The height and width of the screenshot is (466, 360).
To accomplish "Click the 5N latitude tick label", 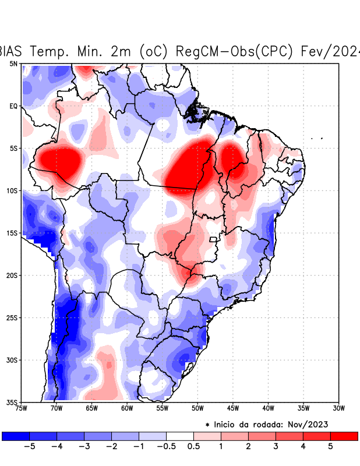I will tap(13, 63).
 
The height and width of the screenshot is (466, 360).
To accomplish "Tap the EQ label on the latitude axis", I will tap(13, 106).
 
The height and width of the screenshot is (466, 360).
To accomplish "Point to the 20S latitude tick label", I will tap(12, 276).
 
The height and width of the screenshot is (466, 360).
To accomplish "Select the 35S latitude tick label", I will tap(12, 403).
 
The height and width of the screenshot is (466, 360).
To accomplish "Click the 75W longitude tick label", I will tap(22, 408).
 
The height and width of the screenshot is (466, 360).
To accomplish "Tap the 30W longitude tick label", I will tap(339, 408).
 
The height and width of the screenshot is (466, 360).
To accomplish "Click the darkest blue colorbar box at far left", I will tap(16, 436).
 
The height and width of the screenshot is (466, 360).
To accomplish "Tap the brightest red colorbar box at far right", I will tap(344, 436).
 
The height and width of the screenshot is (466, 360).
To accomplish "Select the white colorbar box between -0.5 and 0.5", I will tap(180, 436).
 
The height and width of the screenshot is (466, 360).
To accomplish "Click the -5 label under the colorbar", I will tap(29, 447).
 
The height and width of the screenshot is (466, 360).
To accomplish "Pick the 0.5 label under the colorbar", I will tap(193, 447).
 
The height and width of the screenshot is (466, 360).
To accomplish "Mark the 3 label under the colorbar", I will tap(276, 447).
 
